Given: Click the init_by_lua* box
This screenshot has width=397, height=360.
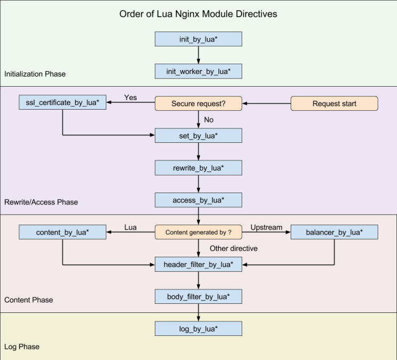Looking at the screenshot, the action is click(x=198, y=39).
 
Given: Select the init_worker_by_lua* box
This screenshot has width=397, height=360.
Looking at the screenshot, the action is click(x=198, y=71).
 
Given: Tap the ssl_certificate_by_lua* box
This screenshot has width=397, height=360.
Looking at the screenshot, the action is click(x=63, y=102).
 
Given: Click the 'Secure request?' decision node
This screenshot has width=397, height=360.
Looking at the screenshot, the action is click(x=198, y=103).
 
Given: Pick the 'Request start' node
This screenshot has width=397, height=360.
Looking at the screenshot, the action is click(x=334, y=103).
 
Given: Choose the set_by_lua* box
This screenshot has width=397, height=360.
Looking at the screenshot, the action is click(x=198, y=136).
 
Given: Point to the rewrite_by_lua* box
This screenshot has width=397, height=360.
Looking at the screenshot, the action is click(x=198, y=168).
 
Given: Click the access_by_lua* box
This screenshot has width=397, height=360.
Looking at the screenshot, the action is click(x=198, y=200).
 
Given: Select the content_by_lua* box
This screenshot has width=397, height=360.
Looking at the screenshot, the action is click(x=63, y=232).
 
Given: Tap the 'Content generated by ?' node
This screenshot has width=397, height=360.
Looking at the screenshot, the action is click(x=198, y=232).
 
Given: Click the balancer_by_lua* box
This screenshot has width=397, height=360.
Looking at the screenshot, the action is click(x=334, y=232).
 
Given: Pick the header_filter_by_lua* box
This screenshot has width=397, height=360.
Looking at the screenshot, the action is click(x=198, y=264).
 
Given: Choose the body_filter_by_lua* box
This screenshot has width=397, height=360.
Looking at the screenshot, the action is click(x=198, y=296).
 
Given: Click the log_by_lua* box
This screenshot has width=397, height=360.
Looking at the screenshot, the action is click(x=198, y=328).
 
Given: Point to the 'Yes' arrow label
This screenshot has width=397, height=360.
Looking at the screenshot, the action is click(x=130, y=97).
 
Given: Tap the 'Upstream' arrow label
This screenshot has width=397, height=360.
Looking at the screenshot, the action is click(x=266, y=227).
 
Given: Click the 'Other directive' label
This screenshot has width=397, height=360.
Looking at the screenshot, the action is click(x=233, y=248).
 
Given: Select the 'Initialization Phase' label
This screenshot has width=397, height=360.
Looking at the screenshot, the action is click(x=35, y=74).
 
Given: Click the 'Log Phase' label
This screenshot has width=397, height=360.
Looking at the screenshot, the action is click(x=22, y=347).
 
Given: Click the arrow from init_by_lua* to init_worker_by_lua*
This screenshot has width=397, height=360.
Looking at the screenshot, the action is click(x=198, y=55).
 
